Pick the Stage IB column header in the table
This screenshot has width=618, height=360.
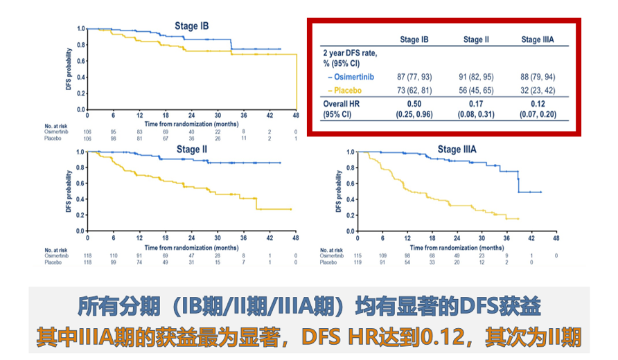(415, 39)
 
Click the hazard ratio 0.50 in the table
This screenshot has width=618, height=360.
(415, 105)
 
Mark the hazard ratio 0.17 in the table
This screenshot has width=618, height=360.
(476, 105)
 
